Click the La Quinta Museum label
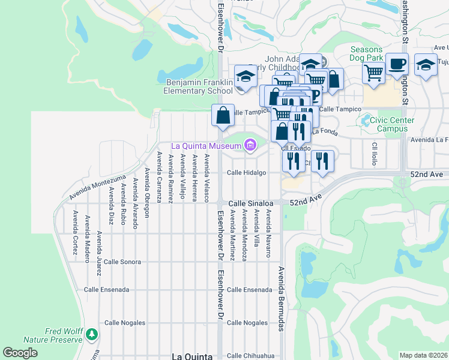206,146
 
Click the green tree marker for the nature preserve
91,334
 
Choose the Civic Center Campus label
391,124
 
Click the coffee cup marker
397,63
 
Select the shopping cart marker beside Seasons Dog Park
374,73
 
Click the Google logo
20,353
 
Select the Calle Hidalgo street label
246,173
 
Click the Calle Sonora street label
122,262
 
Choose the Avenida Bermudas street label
280,298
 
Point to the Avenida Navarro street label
269,233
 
